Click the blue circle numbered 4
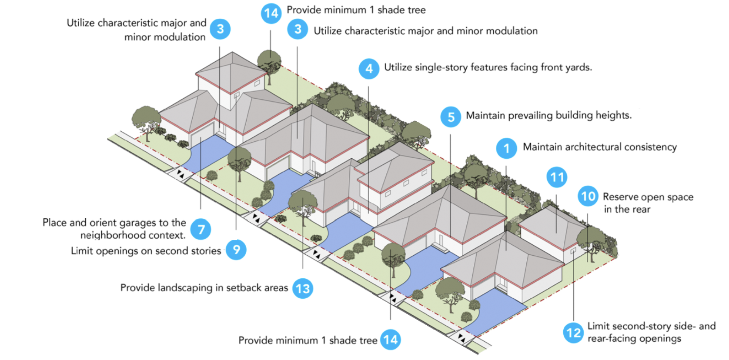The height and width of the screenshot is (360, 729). tap(369, 69)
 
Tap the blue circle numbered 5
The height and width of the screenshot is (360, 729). tap(451, 117)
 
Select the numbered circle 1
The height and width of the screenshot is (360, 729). tap(506, 149)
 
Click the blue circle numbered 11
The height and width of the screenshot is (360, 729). tap(557, 177)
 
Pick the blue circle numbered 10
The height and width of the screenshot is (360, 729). tap(588, 197)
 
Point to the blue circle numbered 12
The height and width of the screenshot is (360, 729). tap(573, 333)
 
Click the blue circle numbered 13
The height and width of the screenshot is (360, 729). tap(303, 289)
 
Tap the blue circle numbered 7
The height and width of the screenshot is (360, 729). tap(201, 229)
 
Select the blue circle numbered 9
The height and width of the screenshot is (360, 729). tap(236, 250)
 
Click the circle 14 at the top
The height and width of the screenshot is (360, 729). tap(271, 13)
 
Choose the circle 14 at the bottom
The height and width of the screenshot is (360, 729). tap(390, 340)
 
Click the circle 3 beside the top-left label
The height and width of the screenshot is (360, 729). tap(220, 29)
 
